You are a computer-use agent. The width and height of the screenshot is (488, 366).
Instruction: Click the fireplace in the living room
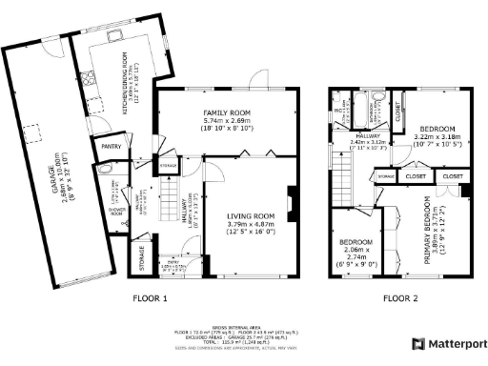point(293,215)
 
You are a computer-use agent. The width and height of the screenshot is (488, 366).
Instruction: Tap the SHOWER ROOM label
point(116,213)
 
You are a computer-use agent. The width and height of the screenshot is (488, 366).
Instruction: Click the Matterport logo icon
point(417,343)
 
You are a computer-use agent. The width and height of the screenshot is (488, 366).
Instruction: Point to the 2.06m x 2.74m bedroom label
point(356,252)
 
